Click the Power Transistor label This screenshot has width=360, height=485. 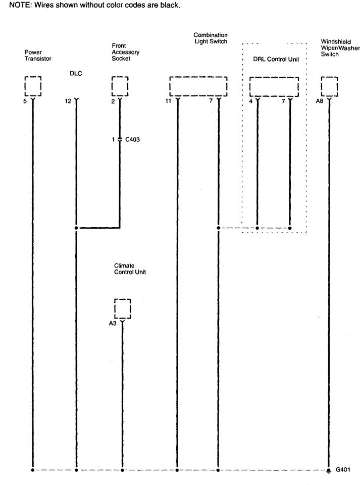tap(38, 56)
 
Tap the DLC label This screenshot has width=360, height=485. tap(76, 74)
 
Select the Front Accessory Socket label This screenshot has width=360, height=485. tap(125, 52)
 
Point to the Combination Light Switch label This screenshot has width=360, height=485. tap(211, 38)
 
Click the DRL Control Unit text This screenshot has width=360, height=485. tap(276, 59)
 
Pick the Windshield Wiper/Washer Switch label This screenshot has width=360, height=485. tap(340, 48)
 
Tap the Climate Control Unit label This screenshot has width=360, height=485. tap(130, 269)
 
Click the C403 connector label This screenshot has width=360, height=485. tap(132, 139)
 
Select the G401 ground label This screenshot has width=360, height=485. tap(343, 469)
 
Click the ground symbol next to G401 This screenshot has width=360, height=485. tap(329, 470)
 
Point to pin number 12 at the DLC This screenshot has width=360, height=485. tap(68, 101)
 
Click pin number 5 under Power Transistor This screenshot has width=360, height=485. tap(25, 101)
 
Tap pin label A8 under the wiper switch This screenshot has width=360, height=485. tap(320, 101)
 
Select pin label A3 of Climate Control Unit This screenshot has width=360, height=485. tap(113, 323)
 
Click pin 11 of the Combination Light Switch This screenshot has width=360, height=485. tap(168, 101)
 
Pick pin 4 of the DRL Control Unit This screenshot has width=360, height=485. tap(251, 101)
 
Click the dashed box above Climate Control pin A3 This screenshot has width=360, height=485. tap(123, 299)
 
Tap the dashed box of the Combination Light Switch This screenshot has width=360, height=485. tap(198, 77)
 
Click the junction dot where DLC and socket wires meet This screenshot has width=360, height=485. tap(76, 228)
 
